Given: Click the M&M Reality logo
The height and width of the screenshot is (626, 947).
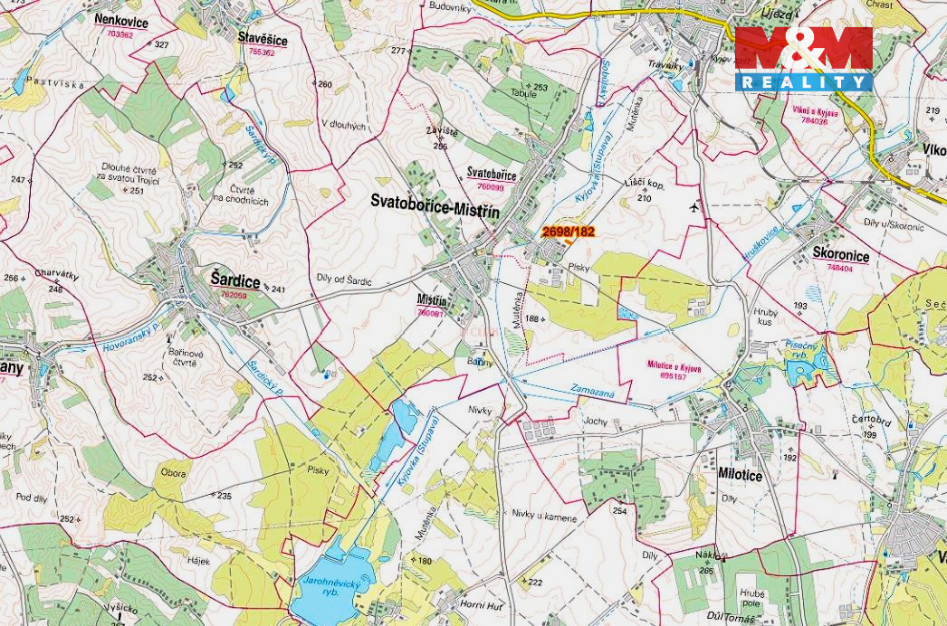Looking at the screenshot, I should coord(803,58).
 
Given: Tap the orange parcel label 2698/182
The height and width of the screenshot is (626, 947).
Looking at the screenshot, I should coord(568,232).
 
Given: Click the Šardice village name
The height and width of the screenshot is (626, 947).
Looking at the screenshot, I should coord(234,281).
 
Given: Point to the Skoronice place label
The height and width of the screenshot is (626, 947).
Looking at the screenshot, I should coord(840,256).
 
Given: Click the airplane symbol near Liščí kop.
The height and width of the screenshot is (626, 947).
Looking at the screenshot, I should coord(694,207).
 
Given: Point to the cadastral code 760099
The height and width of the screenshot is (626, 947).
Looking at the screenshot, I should coord(490,185).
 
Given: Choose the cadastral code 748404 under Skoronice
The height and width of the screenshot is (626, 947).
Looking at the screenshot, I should coord(838,269).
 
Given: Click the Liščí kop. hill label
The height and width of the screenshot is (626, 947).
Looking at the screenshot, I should coord(645,184).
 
